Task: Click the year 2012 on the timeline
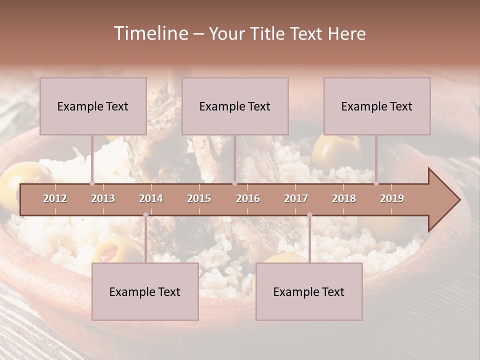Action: tap(55, 198)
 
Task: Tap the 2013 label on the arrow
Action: tap(103, 198)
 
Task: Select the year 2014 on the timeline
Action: tap(151, 198)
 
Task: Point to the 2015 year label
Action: tap(199, 198)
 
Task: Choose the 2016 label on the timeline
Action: tap(248, 198)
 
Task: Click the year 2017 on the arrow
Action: tap(296, 198)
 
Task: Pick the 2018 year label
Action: tap(344, 198)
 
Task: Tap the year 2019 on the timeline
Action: tap(392, 198)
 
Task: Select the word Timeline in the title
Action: tap(150, 33)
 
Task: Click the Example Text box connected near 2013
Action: tap(93, 106)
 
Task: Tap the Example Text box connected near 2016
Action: tap(235, 106)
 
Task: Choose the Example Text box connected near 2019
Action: tap(377, 106)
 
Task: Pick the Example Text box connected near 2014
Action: tap(145, 291)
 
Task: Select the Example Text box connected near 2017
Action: tap(309, 291)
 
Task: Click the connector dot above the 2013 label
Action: tap(92, 183)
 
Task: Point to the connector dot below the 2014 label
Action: tap(145, 215)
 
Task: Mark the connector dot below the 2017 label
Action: tap(309, 215)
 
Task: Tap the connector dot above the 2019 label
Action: tap(376, 183)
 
